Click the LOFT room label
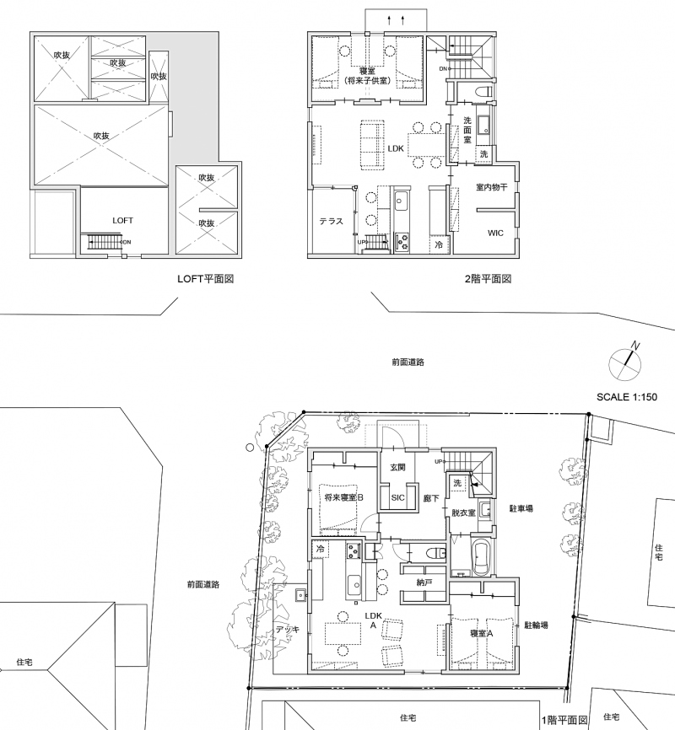point(122,220)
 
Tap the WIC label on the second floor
point(495,233)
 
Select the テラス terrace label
point(331,221)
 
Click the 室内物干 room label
point(492,187)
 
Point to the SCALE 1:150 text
point(627,397)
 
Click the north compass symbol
point(625,363)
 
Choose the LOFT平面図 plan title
point(206,279)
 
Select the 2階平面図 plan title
point(488,279)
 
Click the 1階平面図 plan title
point(564,720)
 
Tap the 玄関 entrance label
point(397,467)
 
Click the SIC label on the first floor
point(397,497)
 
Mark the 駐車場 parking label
point(521,509)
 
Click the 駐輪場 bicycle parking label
point(536,625)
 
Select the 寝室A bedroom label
point(482,633)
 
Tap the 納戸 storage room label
point(424,582)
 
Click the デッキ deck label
point(288,630)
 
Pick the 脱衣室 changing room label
point(463,513)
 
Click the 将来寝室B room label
point(344,497)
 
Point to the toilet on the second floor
point(482,91)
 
